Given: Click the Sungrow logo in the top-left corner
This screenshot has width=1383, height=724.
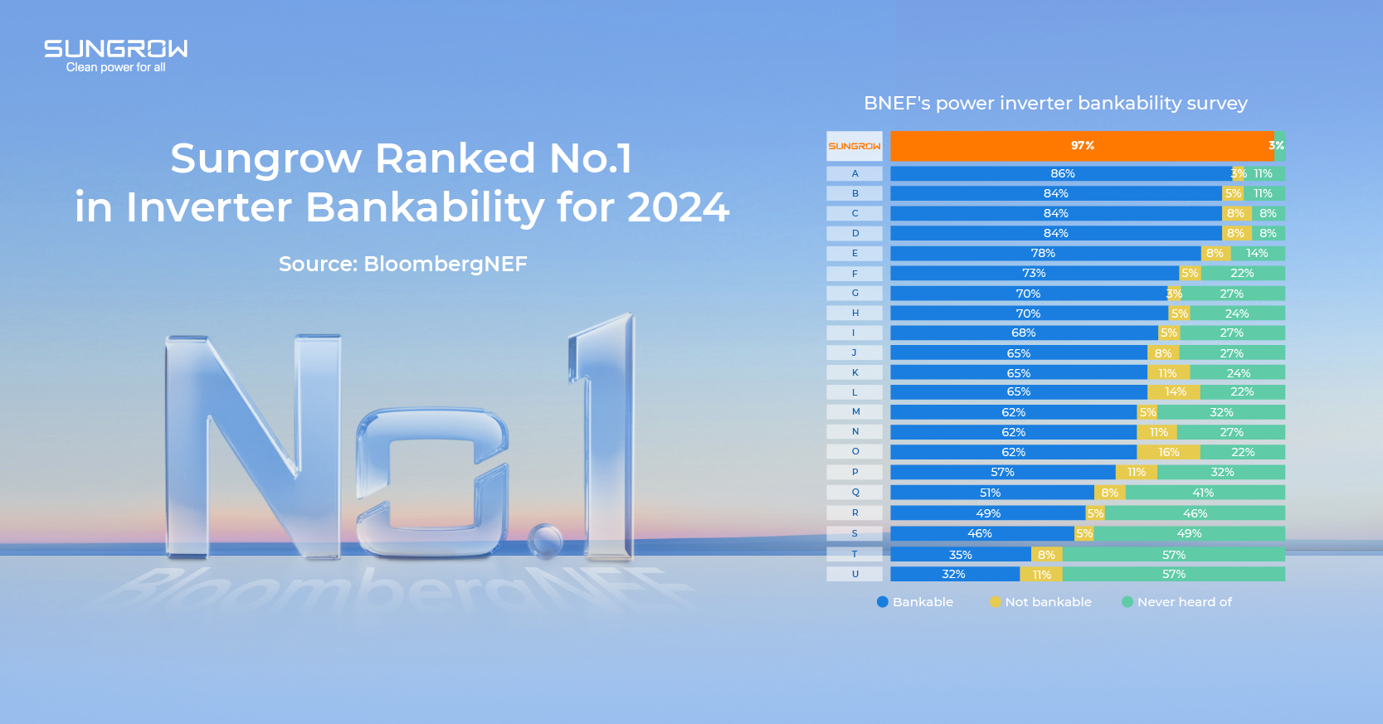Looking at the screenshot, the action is [x=115, y=49].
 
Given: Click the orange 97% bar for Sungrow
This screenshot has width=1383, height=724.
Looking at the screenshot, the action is [x=1082, y=146].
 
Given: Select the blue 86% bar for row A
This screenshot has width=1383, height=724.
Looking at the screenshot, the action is [x=1061, y=173].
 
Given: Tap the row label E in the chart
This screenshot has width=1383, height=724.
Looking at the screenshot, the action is [x=855, y=253].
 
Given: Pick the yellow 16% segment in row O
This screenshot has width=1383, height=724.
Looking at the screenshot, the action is [x=1168, y=452].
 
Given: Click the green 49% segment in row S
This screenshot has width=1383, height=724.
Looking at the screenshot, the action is [x=1189, y=533].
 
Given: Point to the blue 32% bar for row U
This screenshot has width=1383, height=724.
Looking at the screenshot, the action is [x=954, y=574].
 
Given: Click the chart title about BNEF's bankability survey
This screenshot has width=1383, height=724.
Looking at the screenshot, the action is [x=1055, y=103].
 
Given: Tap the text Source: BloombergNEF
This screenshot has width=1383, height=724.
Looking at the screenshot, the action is [x=402, y=264].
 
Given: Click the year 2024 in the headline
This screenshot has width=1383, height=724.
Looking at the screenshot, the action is [x=678, y=207].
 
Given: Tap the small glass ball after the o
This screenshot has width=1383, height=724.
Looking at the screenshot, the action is [x=545, y=540].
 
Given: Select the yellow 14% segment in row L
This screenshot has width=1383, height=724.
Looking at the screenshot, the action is [x=1174, y=391].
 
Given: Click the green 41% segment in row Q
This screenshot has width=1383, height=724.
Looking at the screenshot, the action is [x=1204, y=493].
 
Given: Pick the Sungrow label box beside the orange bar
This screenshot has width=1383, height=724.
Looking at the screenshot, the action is [x=855, y=146].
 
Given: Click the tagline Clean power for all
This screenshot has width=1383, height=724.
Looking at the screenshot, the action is [x=115, y=67].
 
